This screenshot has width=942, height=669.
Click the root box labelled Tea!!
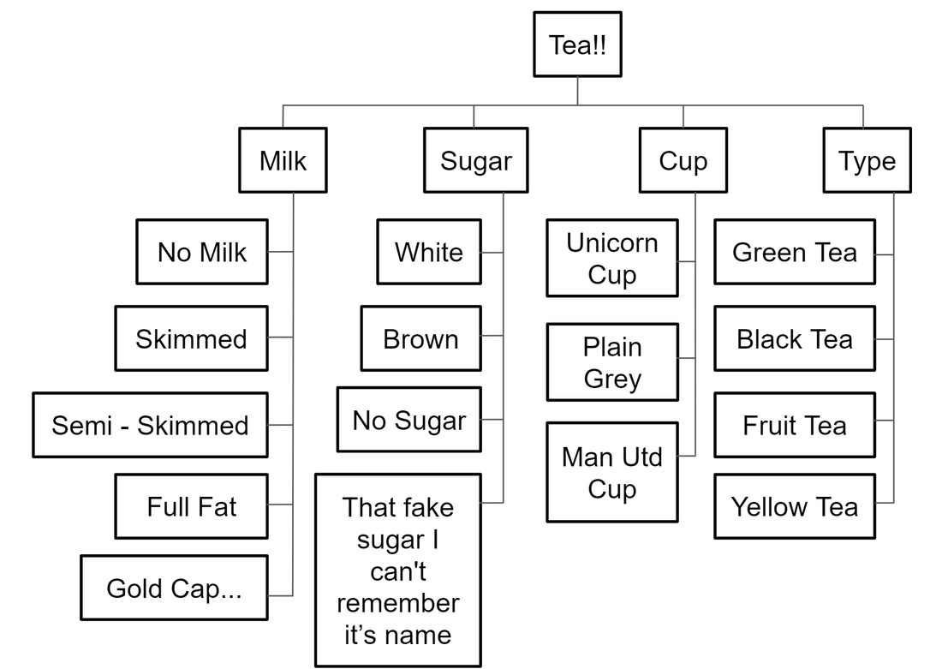[x=577, y=45]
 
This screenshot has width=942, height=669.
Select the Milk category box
[x=283, y=160]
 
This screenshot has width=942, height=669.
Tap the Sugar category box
[x=476, y=160]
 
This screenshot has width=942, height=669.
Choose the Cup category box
[x=683, y=160]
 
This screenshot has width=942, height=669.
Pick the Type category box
[x=867, y=160]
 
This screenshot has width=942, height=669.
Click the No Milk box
[x=202, y=252]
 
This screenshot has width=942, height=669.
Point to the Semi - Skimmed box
[x=150, y=425]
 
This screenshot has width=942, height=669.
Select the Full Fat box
[x=192, y=506]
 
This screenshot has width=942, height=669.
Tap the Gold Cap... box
[x=174, y=588]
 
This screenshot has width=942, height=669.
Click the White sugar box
[x=429, y=252]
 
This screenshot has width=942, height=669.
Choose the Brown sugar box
[x=421, y=338]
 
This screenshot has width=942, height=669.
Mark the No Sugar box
[x=409, y=420]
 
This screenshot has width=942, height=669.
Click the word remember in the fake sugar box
[x=398, y=603]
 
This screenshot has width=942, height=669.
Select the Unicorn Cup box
[x=612, y=258]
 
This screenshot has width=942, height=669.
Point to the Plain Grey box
[x=612, y=361]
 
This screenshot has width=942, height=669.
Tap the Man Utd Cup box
[x=612, y=472]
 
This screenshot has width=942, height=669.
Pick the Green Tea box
[x=795, y=252]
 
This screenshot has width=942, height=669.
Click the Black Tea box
[x=795, y=338]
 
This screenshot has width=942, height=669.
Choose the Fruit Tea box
[x=795, y=425]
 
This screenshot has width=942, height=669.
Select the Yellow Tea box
[x=795, y=506]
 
